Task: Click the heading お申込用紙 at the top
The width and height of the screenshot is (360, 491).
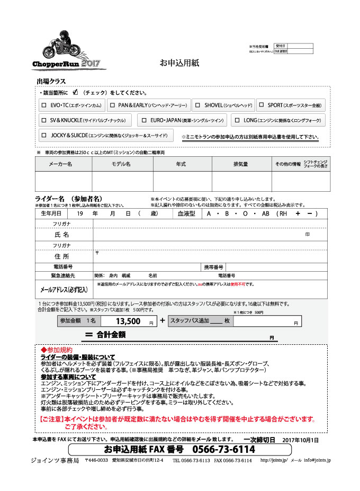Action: [179, 63]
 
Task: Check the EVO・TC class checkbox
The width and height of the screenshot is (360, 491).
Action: [44, 105]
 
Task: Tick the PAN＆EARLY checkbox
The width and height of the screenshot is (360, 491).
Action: [112, 105]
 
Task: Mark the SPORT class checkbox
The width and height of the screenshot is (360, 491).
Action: [262, 105]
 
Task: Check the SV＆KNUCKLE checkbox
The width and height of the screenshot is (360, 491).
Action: [44, 120]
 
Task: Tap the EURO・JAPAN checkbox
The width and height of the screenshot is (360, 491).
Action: [143, 120]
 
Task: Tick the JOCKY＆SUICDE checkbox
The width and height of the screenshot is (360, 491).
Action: [44, 135]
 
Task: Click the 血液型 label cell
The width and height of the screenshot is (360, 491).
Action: [186, 213]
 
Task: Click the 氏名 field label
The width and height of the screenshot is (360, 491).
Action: [62, 234]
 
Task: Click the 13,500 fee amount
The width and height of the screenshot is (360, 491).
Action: [127, 321]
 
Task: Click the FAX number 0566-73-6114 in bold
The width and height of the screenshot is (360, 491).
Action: [223, 450]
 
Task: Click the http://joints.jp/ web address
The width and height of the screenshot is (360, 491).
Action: [274, 461]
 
